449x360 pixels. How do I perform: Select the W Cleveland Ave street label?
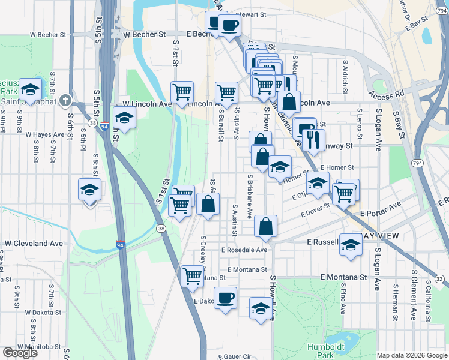click(x=34, y=244)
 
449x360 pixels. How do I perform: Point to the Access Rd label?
click(x=386, y=95)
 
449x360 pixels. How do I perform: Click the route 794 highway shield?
click(x=416, y=163)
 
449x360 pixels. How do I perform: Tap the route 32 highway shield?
click(x=439, y=279)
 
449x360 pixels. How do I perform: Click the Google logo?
click(x=20, y=353)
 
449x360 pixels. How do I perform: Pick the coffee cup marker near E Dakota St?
click(x=225, y=298)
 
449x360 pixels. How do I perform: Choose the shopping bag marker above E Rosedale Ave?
click(x=265, y=226)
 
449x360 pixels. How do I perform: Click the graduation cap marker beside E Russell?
click(x=351, y=244)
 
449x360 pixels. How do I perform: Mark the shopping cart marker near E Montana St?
click(x=192, y=276)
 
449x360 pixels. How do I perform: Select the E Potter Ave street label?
click(x=380, y=209)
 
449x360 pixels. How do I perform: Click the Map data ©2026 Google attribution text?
click(x=412, y=355)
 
